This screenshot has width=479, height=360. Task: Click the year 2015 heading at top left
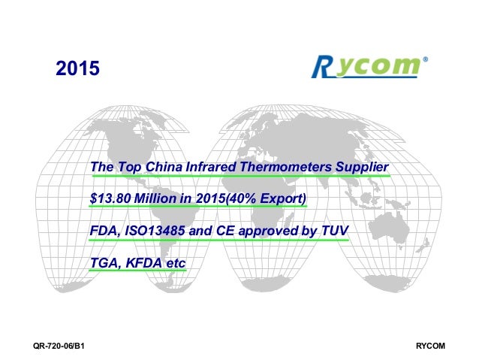click(x=78, y=70)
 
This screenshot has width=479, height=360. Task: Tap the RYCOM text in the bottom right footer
click(x=431, y=346)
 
